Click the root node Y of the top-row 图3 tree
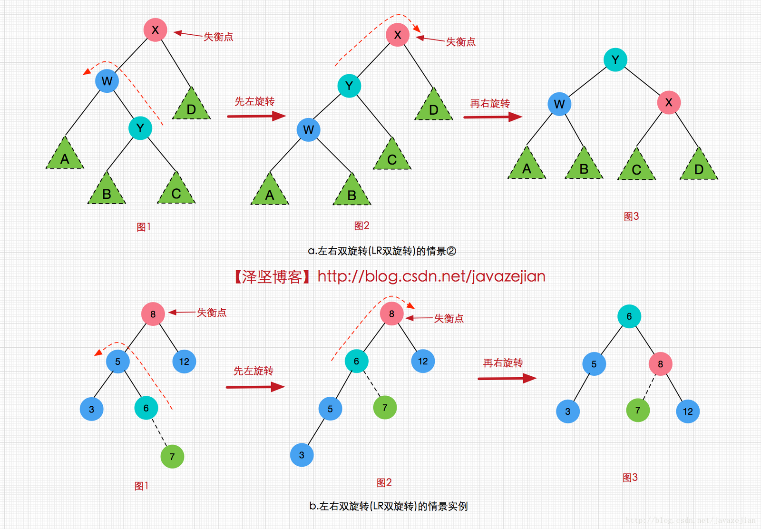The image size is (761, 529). click(615, 60)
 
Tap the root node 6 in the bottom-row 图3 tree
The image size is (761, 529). click(629, 316)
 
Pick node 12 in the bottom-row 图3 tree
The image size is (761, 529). click(688, 411)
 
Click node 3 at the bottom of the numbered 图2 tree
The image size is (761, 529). click(302, 455)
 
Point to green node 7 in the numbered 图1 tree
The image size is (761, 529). click(172, 457)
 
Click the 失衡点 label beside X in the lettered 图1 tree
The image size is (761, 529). click(218, 37)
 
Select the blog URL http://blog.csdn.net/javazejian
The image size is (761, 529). click(431, 276)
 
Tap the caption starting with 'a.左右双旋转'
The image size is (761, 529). click(382, 251)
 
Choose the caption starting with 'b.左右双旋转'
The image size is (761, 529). click(389, 506)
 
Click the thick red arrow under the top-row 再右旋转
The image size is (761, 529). click(493, 117)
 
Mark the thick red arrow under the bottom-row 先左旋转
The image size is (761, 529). click(255, 387)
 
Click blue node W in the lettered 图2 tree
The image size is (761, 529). click(308, 130)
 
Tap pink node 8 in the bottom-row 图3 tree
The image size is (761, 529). click(660, 364)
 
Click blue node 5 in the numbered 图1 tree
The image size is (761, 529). click(117, 362)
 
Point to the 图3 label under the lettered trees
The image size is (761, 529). click(631, 216)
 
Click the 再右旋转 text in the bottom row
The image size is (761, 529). click(503, 363)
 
